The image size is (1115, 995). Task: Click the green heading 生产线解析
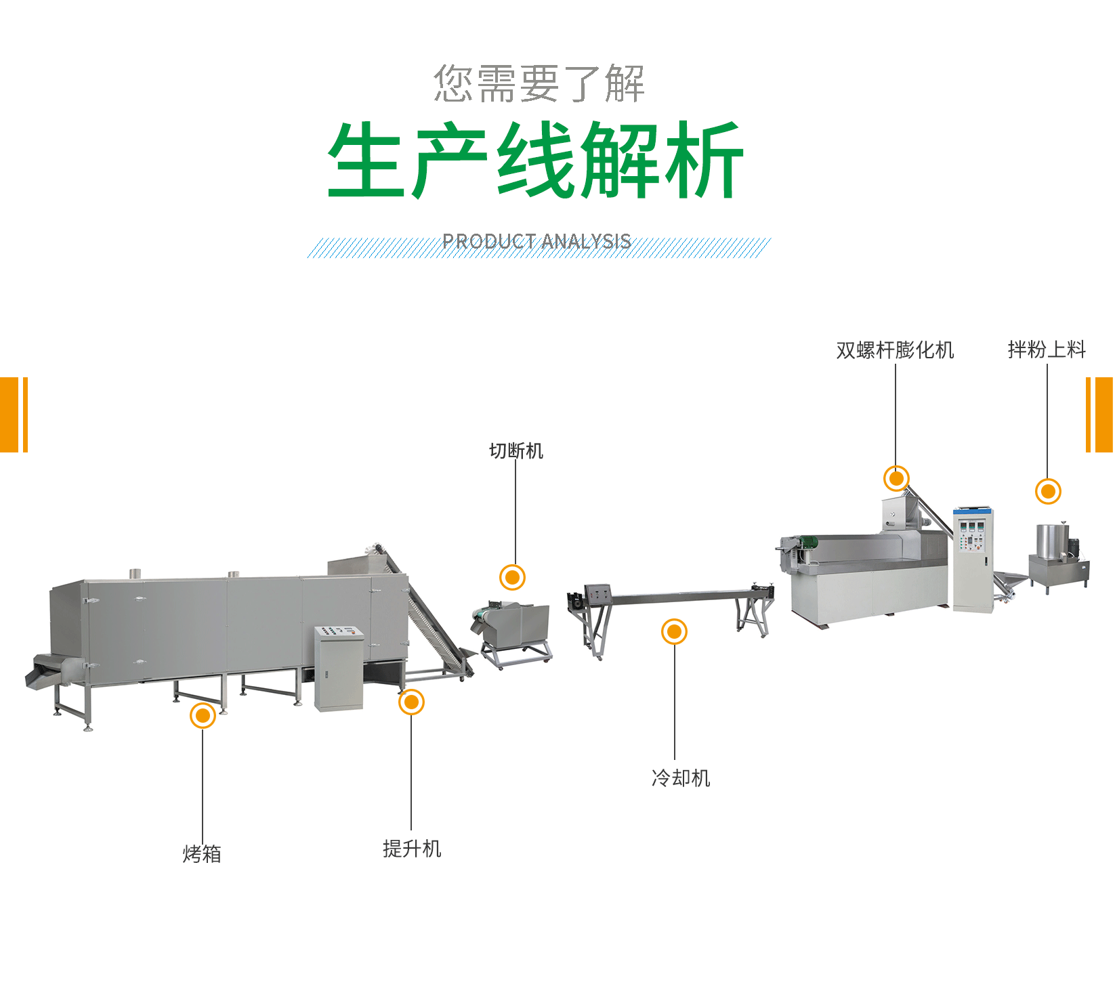coord(536,161)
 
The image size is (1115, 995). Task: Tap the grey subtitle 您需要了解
coord(539,84)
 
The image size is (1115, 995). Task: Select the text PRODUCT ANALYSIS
coord(537,242)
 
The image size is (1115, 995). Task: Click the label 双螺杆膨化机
coord(895,350)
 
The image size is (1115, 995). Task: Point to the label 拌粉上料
coord(1047,350)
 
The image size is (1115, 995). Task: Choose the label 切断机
coord(516,451)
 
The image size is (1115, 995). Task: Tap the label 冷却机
coord(681,778)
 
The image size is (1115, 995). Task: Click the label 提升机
coord(412,849)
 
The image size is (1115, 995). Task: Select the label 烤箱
coord(202,854)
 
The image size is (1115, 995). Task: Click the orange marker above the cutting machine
coord(512,578)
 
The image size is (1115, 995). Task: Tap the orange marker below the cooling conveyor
coord(674,632)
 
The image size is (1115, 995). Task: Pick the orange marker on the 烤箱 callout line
coord(203,715)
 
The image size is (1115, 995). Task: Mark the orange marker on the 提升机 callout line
coord(411,702)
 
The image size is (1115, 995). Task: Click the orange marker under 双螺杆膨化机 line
coord(896,479)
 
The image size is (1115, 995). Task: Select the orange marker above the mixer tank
coord(1048,492)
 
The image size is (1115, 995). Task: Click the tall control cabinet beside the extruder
coord(973,559)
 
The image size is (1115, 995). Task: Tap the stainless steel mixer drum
coord(1051,542)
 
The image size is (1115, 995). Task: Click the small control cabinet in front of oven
coord(339,668)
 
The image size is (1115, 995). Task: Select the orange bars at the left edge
coord(14,415)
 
